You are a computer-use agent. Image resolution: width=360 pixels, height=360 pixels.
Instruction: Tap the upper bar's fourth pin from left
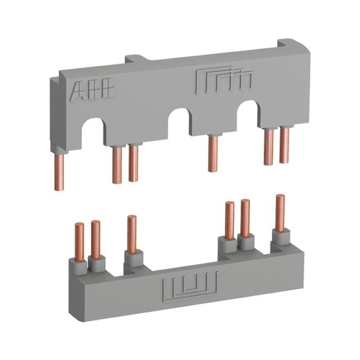point(213,153)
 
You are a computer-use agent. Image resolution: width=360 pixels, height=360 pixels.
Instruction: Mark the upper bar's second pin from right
point(268,147)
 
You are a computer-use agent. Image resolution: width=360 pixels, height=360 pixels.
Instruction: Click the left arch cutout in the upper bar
point(93,131)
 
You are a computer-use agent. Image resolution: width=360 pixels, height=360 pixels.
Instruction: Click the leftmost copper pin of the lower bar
point(80,241)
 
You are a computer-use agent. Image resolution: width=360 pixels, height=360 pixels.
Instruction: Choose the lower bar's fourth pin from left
point(229,220)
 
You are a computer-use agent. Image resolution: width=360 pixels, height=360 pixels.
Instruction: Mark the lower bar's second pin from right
point(246,217)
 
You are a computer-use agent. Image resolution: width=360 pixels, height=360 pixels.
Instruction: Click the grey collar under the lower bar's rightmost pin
point(280,236)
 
